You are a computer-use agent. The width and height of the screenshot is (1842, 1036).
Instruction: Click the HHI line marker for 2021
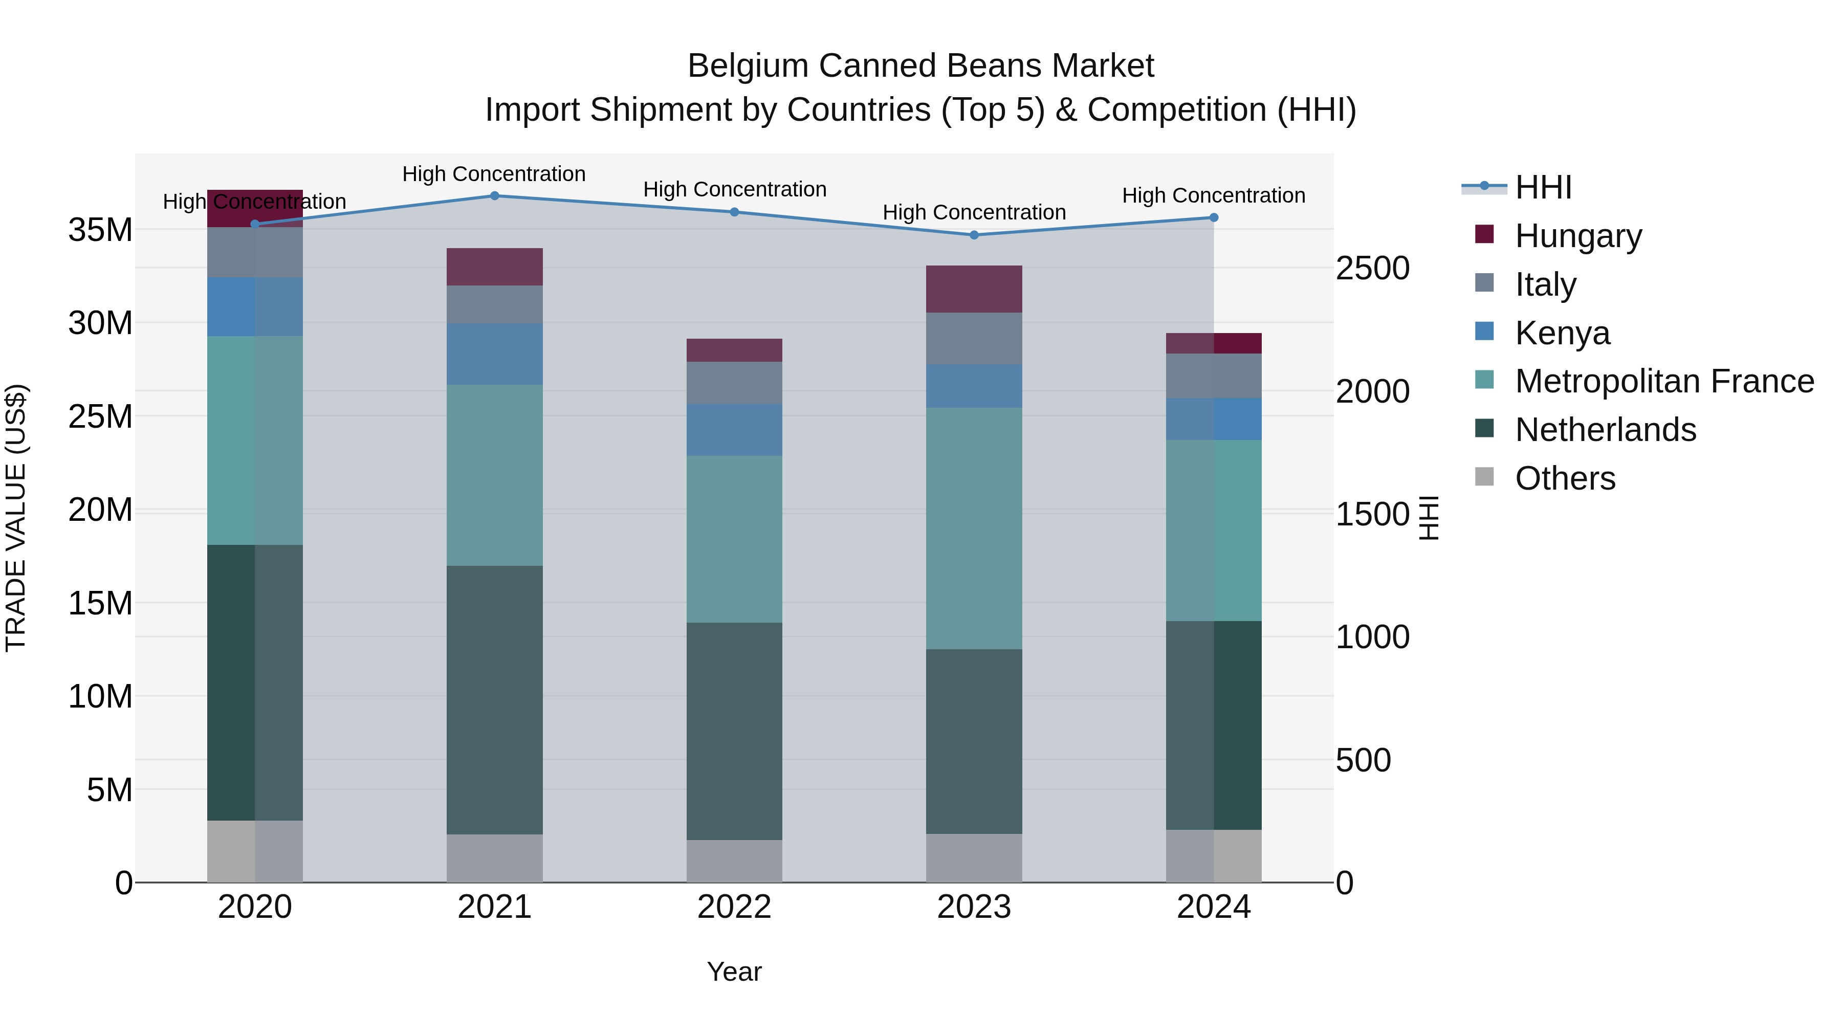point(494,195)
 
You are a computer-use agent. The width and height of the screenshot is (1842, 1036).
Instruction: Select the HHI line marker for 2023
point(974,234)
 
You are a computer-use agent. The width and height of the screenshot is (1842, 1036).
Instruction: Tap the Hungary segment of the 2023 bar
point(974,289)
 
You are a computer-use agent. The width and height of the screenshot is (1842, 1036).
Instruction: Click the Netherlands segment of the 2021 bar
point(494,699)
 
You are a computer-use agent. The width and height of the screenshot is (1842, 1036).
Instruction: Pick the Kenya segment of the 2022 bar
point(734,429)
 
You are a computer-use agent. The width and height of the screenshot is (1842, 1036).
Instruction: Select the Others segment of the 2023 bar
point(974,857)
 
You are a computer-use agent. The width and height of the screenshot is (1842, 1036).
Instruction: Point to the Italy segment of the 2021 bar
point(494,304)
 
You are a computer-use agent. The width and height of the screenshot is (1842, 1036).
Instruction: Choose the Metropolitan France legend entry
point(1663,381)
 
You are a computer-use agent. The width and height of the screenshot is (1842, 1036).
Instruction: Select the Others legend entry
point(1565,478)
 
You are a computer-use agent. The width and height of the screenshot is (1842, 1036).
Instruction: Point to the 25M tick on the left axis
point(100,416)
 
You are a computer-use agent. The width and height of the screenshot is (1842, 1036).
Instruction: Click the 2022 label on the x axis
point(734,907)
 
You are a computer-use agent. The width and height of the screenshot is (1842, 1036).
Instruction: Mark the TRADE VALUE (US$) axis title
point(16,518)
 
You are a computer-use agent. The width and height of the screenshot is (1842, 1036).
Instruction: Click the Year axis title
point(734,972)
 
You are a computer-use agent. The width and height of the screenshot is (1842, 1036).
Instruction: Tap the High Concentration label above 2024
point(1214,195)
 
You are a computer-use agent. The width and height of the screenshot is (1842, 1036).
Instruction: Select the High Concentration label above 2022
point(734,189)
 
